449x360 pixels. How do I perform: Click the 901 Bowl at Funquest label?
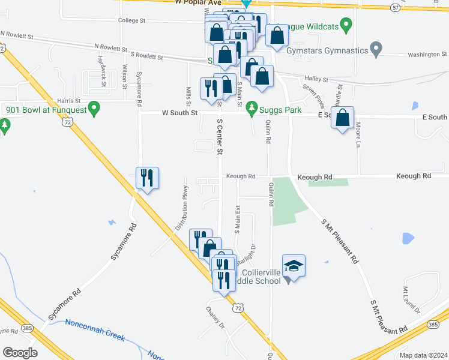click(x=45, y=109)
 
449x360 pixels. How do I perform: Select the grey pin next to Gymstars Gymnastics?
click(x=376, y=49)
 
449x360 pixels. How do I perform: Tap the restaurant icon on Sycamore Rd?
click(x=147, y=178)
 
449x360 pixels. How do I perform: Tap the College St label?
click(x=132, y=20)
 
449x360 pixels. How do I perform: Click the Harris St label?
click(x=68, y=101)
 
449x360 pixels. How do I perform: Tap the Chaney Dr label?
click(x=215, y=317)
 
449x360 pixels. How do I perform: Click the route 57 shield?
click(x=394, y=7)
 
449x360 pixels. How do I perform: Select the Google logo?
click(x=20, y=353)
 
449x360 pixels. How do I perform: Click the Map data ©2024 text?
click(x=423, y=355)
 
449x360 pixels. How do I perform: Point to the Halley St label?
click(x=316, y=79)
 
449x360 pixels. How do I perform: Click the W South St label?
click(x=179, y=113)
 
